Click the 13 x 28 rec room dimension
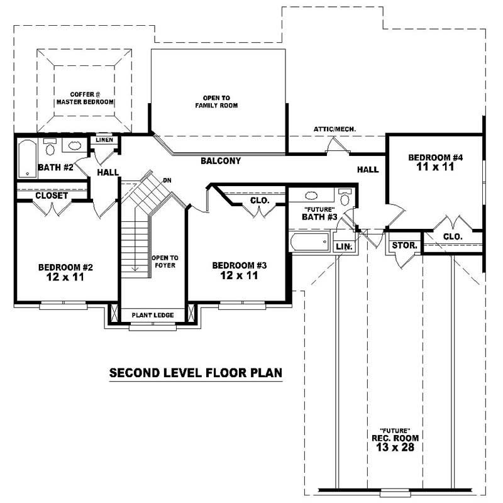tap(394, 447)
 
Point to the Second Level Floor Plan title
tap(196, 373)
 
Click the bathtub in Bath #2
tap(27, 158)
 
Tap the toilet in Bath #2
tap(50, 148)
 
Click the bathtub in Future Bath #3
tap(310, 242)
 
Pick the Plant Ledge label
tap(153, 315)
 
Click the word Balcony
tap(221, 161)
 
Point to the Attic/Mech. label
tap(334, 130)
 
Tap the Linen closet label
tap(104, 140)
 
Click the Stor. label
tap(404, 245)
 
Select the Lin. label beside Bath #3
tap(343, 246)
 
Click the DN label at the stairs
tap(167, 180)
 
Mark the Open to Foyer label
tap(165, 262)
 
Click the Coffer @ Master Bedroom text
tap(84, 97)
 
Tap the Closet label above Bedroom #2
tap(52, 196)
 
